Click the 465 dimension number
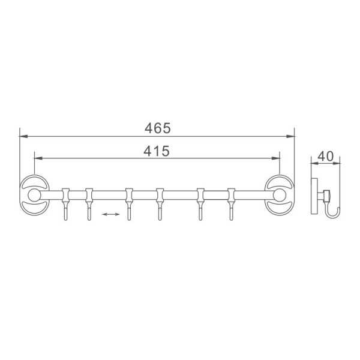tap(158, 128)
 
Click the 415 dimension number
tap(157, 151)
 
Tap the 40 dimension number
tap(325, 157)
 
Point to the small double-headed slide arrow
tap(110, 214)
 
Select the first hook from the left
tap(65, 204)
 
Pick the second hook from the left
tap(89, 204)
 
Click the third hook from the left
tap(129, 204)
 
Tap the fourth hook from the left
tap(160, 204)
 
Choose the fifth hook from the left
tap(200, 204)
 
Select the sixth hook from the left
tap(231, 204)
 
